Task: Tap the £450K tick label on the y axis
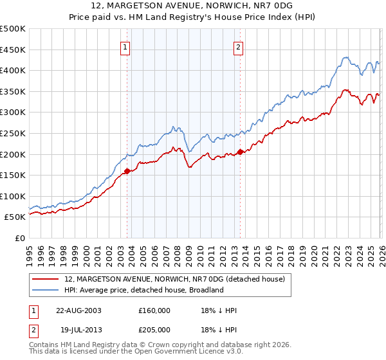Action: (x=13, y=50)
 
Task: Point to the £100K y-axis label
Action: (x=13, y=196)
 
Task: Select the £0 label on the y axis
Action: (x=19, y=238)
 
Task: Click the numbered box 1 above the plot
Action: (x=125, y=46)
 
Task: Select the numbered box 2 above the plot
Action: (x=238, y=46)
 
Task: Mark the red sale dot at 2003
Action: (x=127, y=171)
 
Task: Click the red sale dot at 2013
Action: (x=240, y=152)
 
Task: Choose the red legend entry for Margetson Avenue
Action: (x=178, y=278)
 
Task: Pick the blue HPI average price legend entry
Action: (x=143, y=290)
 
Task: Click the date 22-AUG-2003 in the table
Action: (x=78, y=310)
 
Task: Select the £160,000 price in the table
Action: (x=154, y=310)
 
